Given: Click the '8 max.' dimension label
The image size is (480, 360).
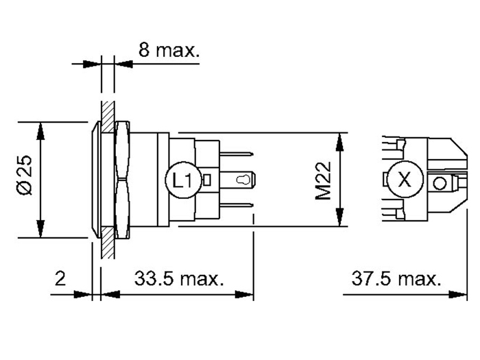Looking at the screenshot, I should click(x=168, y=49).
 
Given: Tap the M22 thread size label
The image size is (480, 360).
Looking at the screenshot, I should click(x=324, y=180).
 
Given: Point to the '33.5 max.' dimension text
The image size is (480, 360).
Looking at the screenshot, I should click(x=179, y=279).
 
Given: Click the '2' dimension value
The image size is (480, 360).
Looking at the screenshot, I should click(x=60, y=279).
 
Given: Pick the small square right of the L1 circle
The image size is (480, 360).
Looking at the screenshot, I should click(x=208, y=181).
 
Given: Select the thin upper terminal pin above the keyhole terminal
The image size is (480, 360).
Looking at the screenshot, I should click(x=237, y=156).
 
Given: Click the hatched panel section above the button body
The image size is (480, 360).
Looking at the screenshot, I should click(x=106, y=110).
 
